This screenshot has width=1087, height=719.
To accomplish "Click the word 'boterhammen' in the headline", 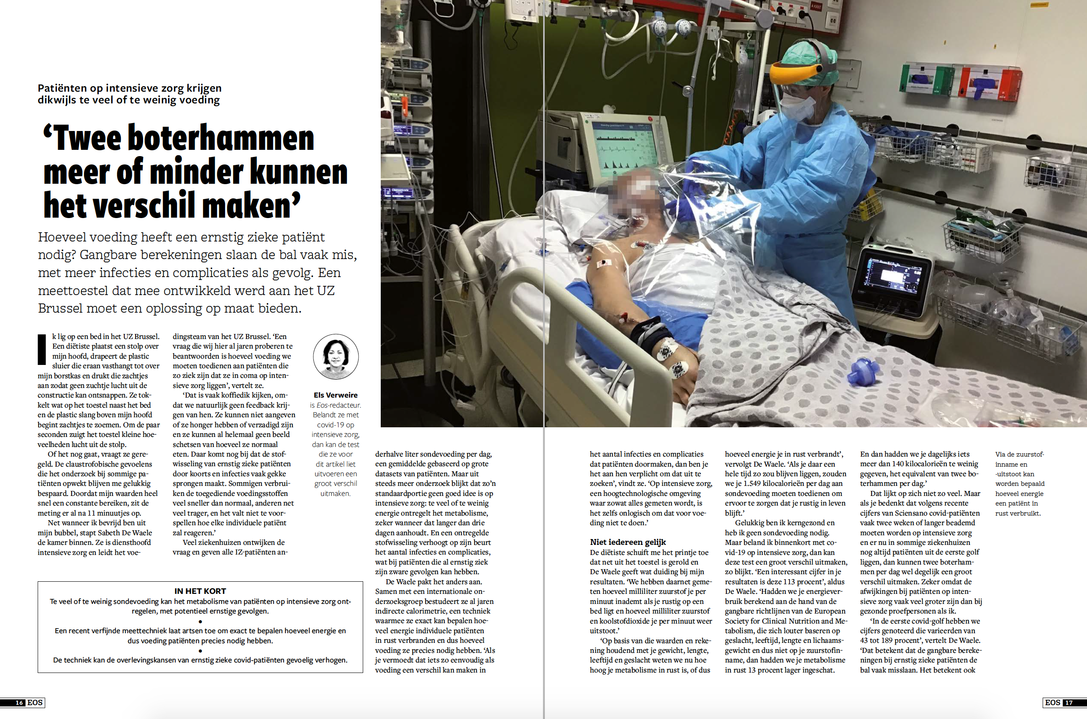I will coord(220,138).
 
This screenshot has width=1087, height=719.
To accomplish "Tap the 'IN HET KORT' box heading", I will coord(200,591).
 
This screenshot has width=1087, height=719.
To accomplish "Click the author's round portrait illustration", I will coord(336,357).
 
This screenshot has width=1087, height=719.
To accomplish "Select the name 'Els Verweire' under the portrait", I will coord(335,395).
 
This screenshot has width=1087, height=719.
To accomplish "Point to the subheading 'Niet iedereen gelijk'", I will coord(628,542).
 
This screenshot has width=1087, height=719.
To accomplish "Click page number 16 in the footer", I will coord(19,703).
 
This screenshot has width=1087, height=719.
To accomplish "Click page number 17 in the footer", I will coord(1068,703).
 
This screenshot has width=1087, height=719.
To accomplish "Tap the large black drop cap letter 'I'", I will coord(42,349).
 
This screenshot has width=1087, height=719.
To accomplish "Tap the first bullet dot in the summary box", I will coord(200,621).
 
